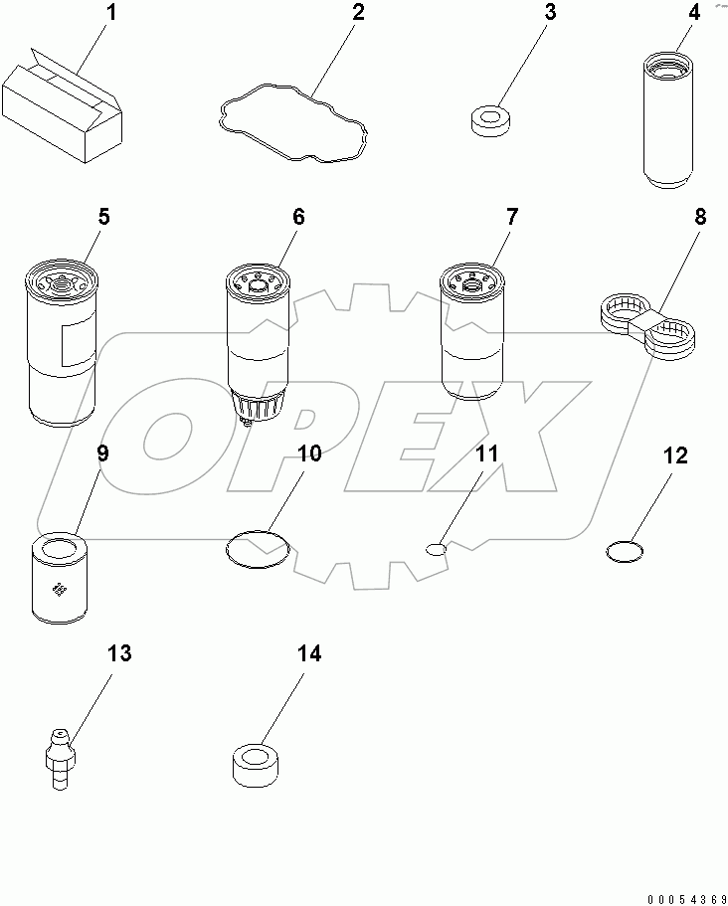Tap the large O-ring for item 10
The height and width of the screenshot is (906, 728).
pyautogui.click(x=257, y=547)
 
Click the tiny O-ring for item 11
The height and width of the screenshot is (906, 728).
pyautogui.click(x=437, y=547)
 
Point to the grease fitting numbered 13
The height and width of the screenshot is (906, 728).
pyautogui.click(x=60, y=756)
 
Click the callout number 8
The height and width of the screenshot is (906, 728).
pyautogui.click(x=700, y=217)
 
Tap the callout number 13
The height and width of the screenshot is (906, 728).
pyautogui.click(x=118, y=653)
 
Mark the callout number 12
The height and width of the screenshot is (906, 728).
pyautogui.click(x=675, y=455)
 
